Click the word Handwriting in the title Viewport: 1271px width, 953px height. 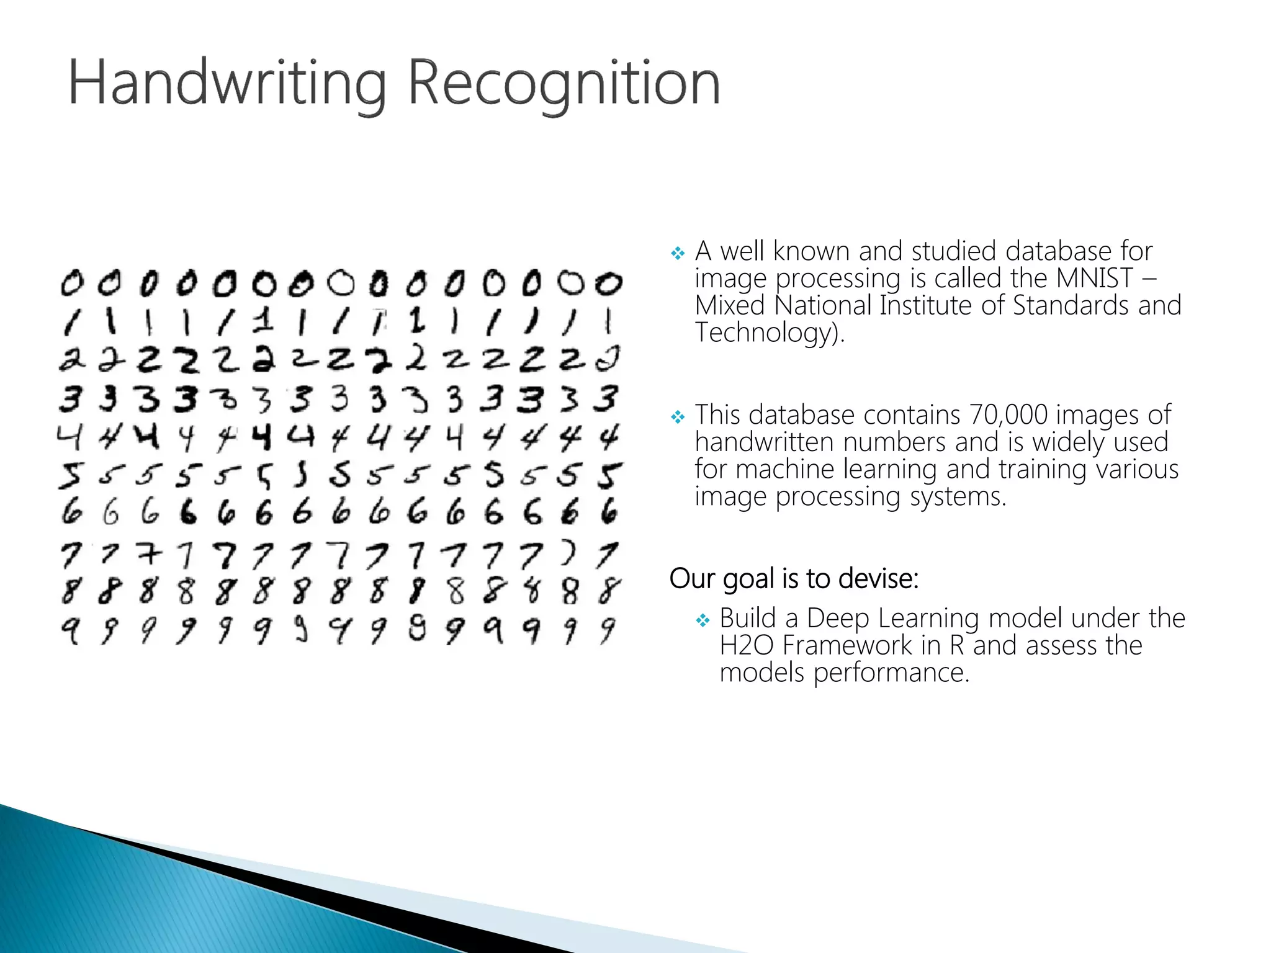[227, 84]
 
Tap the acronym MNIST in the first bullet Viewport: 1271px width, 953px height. [1095, 278]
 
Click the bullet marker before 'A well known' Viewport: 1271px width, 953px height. [678, 253]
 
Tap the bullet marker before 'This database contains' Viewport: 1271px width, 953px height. [678, 417]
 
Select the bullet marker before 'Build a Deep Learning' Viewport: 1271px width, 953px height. [703, 620]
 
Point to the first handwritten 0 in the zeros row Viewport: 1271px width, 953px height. [71, 283]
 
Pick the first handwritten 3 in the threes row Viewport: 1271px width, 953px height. [71, 398]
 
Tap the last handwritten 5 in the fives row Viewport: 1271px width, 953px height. [609, 476]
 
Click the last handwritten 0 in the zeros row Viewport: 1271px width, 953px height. [609, 284]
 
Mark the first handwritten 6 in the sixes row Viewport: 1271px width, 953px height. [71, 512]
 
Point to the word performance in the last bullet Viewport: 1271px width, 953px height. [891, 673]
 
